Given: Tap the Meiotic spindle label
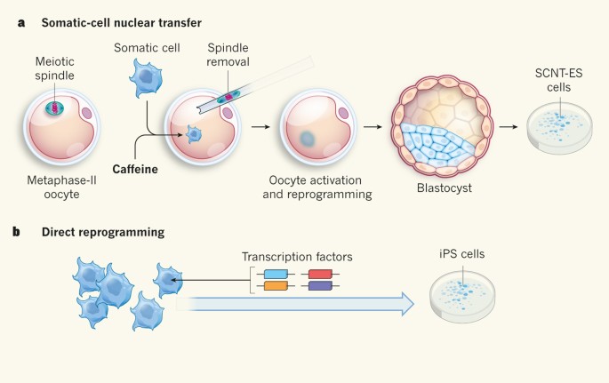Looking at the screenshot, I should pyautogui.click(x=55, y=68).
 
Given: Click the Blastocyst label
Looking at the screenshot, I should pyautogui.click(x=437, y=189).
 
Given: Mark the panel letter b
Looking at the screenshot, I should pyautogui.click(x=16, y=232).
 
